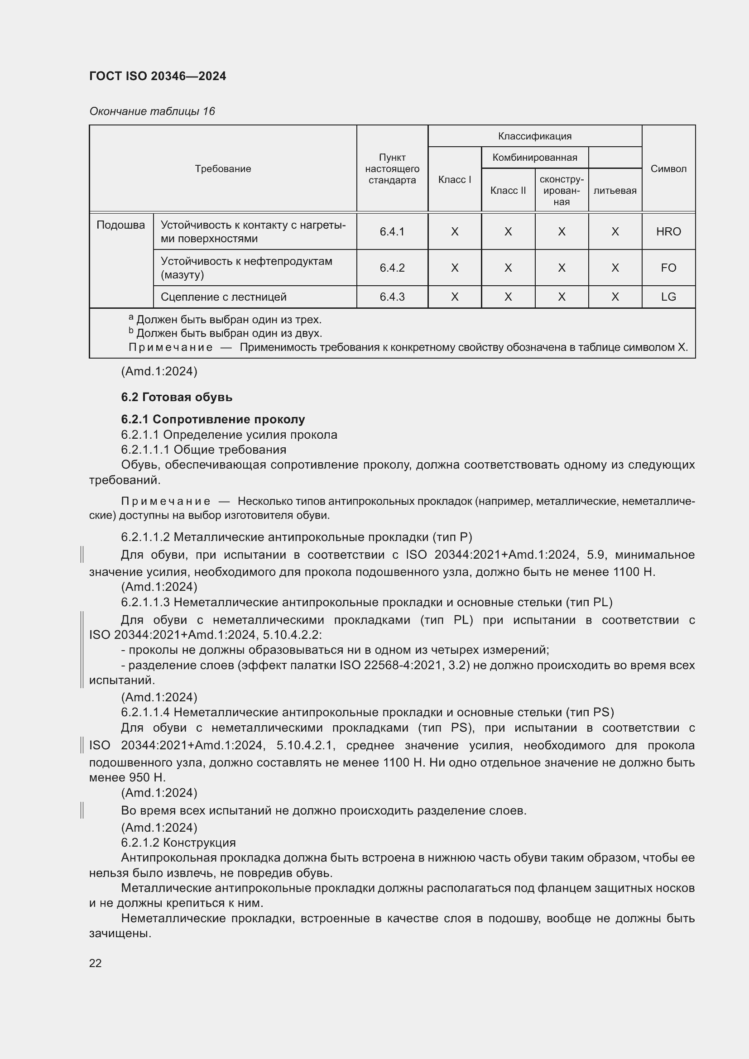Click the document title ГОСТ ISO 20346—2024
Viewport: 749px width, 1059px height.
pos(157,76)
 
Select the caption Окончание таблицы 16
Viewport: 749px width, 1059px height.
pos(152,111)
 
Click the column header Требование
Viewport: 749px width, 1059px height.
pos(223,169)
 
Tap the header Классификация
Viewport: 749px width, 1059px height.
pos(534,136)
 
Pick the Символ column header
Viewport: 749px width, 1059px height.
pos(668,169)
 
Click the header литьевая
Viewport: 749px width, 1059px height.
pos(615,191)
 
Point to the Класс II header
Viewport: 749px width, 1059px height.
pos(508,191)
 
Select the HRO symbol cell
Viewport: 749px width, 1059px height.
pos(668,231)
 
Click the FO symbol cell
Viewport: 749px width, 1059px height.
pos(668,268)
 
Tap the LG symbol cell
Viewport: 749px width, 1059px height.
pos(668,297)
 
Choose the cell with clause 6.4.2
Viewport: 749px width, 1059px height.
pos(392,268)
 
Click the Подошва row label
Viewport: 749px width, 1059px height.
pos(120,225)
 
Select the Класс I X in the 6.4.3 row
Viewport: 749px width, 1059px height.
pos(454,297)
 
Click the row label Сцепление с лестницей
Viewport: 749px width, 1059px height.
pos(223,297)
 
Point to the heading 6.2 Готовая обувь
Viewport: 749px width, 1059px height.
pos(177,397)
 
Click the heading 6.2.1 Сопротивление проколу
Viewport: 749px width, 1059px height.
pos(213,419)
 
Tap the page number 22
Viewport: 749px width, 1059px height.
pos(95,963)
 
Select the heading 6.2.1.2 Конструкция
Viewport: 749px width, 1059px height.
pos(178,843)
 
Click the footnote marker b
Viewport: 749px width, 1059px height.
pos(131,331)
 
